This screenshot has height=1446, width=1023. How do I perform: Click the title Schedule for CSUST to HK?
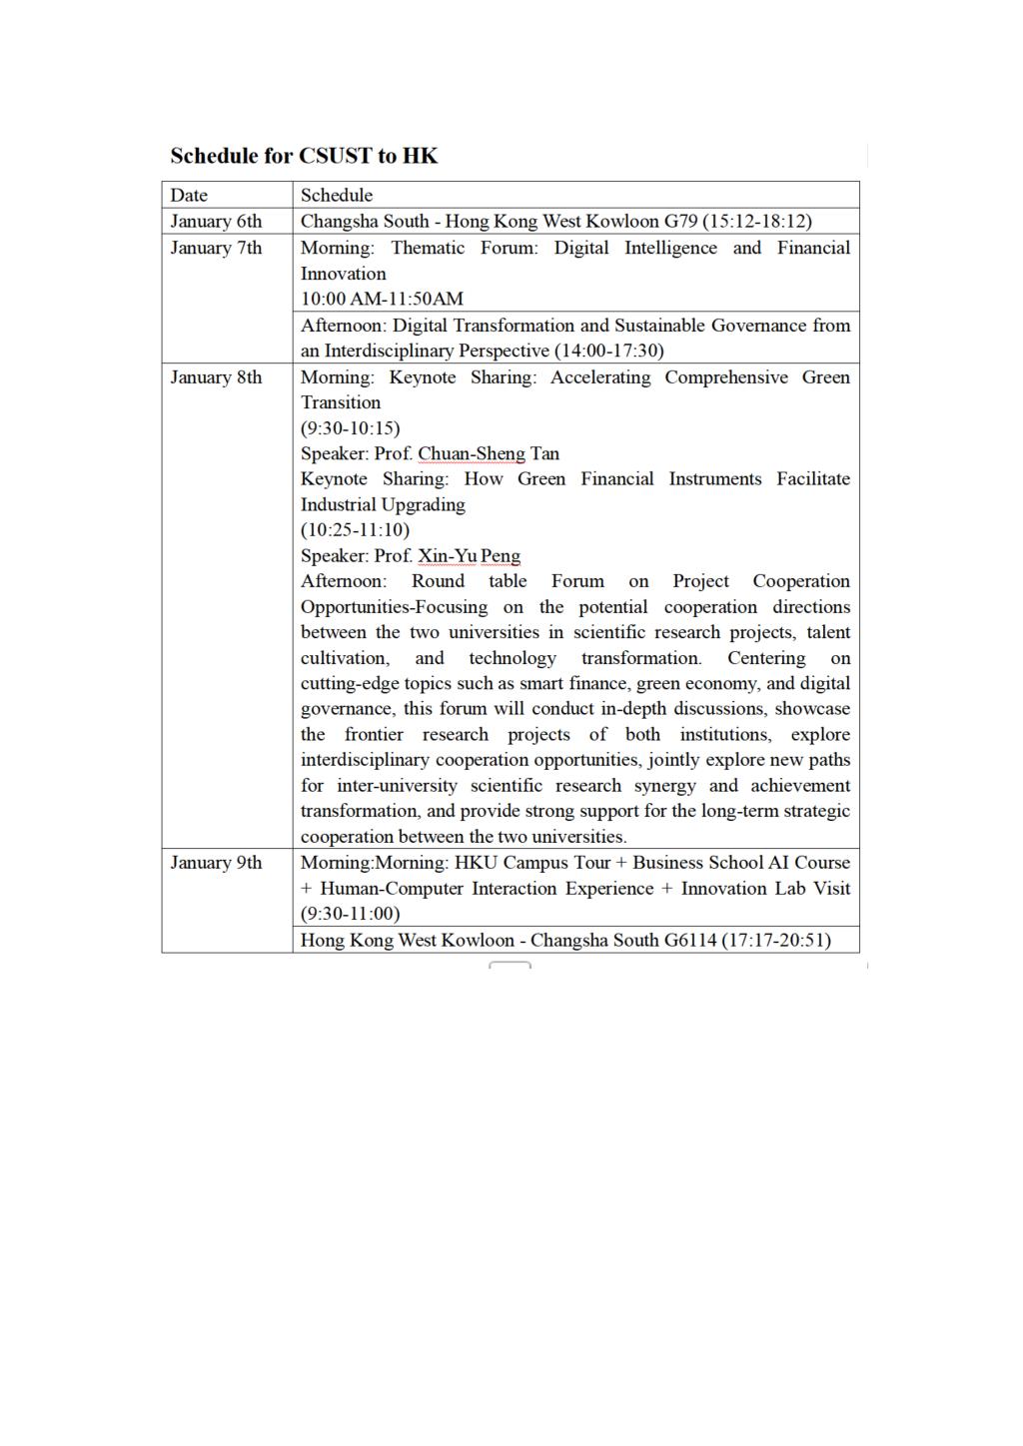304,156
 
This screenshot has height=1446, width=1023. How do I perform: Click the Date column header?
189,195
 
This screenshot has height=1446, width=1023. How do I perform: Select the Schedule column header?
337,195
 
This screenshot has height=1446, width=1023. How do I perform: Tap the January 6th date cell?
216,221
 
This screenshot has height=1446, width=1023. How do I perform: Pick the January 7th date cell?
216,248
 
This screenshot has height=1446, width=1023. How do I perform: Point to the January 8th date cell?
216,377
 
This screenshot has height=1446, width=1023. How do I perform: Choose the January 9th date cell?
216,863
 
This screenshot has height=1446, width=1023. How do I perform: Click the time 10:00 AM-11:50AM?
382,299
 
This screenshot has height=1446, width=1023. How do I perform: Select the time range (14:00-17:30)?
608,351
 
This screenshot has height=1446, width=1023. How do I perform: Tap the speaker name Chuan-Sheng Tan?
489,453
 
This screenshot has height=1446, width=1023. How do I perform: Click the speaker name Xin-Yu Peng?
469,556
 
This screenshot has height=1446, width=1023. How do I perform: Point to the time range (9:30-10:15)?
350,428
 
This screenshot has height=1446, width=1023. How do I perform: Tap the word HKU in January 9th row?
476,863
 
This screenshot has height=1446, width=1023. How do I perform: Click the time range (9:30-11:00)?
350,914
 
